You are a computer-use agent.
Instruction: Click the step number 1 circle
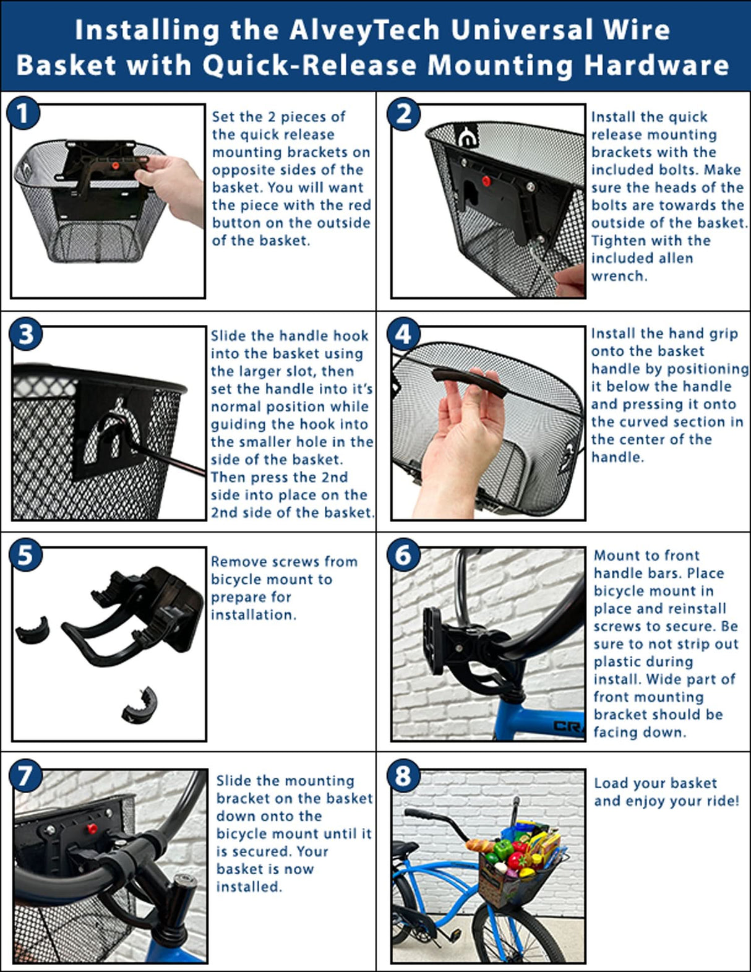tap(24, 114)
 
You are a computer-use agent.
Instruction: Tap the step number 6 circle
tap(403, 554)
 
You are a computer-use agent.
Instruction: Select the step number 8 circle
tap(403, 775)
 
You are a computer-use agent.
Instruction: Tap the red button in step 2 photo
tap(486, 181)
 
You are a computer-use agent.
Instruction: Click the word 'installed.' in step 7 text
tap(249, 887)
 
